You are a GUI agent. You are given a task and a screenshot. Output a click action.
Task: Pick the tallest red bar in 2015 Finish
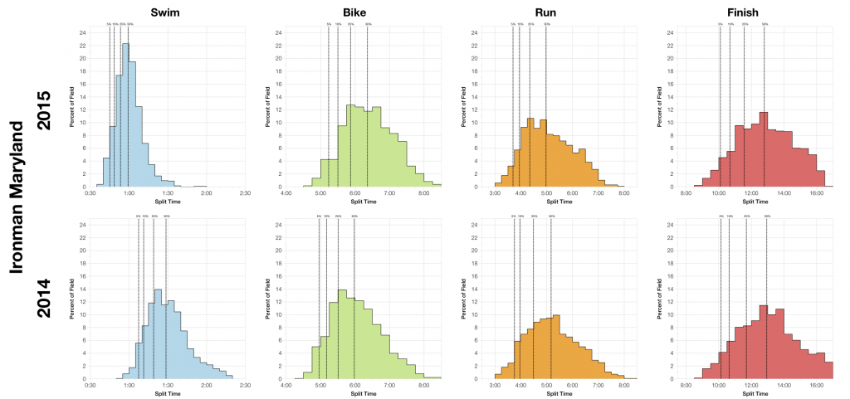pyautogui.click(x=764, y=149)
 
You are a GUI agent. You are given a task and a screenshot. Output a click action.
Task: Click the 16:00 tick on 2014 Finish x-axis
pyautogui.click(x=816, y=387)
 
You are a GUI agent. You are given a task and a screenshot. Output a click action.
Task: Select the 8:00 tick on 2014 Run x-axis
pyautogui.click(x=623, y=387)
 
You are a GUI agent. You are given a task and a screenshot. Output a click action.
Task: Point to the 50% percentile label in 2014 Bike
pyautogui.click(x=354, y=217)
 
